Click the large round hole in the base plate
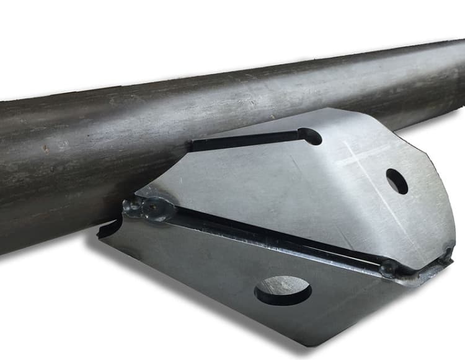(283, 290)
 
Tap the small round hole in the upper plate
(397, 181)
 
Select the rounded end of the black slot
(310, 136)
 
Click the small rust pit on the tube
(45, 149)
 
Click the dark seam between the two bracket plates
(279, 235)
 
